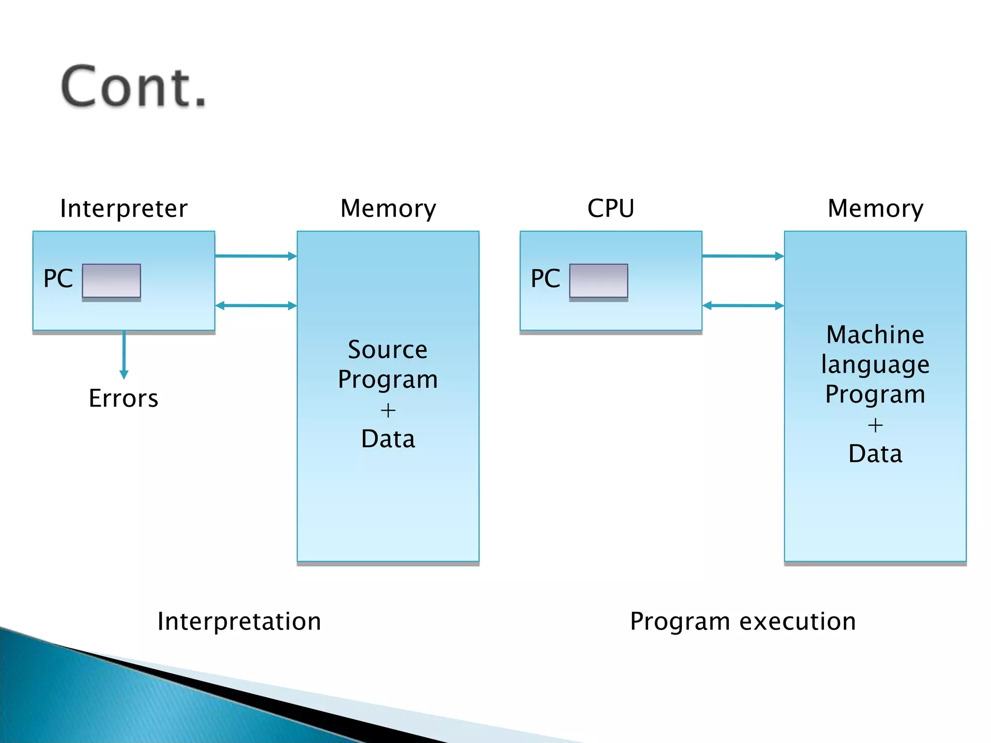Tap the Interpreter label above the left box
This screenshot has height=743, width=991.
pyautogui.click(x=123, y=208)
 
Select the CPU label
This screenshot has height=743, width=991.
pyautogui.click(x=611, y=208)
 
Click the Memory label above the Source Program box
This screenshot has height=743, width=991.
pyautogui.click(x=388, y=208)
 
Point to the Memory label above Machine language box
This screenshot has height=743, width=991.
pyautogui.click(x=875, y=208)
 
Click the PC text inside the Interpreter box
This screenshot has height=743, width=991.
pyautogui.click(x=58, y=279)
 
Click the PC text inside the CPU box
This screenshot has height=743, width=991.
pyautogui.click(x=545, y=279)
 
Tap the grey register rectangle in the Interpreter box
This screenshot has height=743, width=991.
pyautogui.click(x=111, y=281)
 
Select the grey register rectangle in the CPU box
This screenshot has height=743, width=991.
pyautogui.click(x=599, y=281)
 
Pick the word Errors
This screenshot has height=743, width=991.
pyautogui.click(x=123, y=399)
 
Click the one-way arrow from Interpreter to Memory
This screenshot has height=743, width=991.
pyautogui.click(x=255, y=256)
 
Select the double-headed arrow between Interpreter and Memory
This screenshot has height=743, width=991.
pyautogui.click(x=255, y=306)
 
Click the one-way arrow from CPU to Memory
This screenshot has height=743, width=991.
pyautogui.click(x=743, y=256)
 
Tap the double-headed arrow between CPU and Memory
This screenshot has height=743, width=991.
pyautogui.click(x=743, y=306)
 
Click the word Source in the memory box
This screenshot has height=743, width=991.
pyautogui.click(x=388, y=350)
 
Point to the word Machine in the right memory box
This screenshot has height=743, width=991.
pyautogui.click(x=875, y=335)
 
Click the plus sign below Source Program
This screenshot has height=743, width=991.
pyautogui.click(x=388, y=411)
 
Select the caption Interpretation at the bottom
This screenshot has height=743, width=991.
pyautogui.click(x=239, y=622)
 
